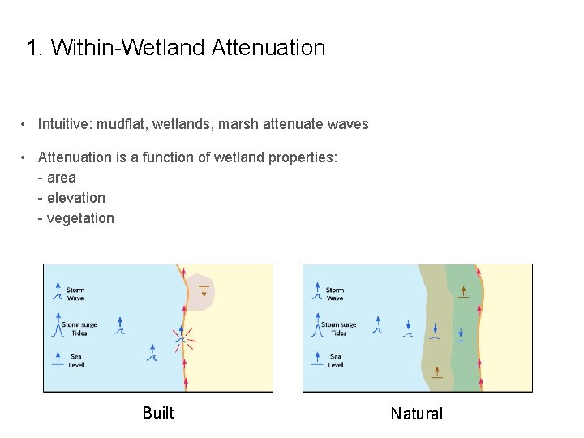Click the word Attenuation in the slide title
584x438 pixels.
[268, 48]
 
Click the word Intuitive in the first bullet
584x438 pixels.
[63, 124]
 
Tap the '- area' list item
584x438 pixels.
[57, 178]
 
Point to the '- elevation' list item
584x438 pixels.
[71, 198]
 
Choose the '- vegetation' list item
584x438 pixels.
[76, 218]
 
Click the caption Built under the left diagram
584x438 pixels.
[158, 413]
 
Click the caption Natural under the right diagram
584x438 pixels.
[417, 414]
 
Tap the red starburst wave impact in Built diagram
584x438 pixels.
[182, 340]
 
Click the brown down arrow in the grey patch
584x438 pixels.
[204, 290]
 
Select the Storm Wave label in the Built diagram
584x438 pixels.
[75, 294]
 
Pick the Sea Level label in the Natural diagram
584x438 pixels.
[335, 360]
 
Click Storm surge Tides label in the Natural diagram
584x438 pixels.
[338, 328]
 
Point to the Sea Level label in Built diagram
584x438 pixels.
[75, 360]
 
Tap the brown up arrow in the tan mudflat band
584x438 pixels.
[437, 371]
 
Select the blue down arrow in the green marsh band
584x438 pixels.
[460, 333]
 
